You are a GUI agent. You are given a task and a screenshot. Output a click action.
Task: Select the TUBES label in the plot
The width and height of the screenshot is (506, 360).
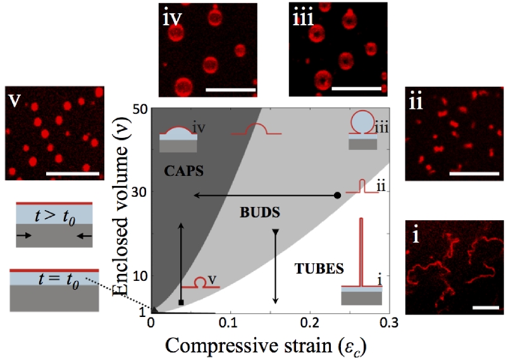click(319, 268)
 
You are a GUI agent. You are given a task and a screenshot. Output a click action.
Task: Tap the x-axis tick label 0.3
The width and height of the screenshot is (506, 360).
click(388, 323)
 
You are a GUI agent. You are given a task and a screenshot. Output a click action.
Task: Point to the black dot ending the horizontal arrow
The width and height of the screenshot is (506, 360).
click(337, 195)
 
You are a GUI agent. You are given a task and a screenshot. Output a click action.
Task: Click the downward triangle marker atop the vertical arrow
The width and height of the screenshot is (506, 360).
click(276, 232)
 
